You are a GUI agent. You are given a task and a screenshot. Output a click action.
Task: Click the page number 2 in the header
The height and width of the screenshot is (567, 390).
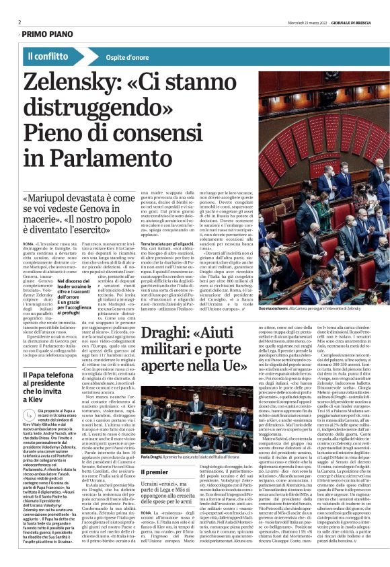(19, 22)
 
